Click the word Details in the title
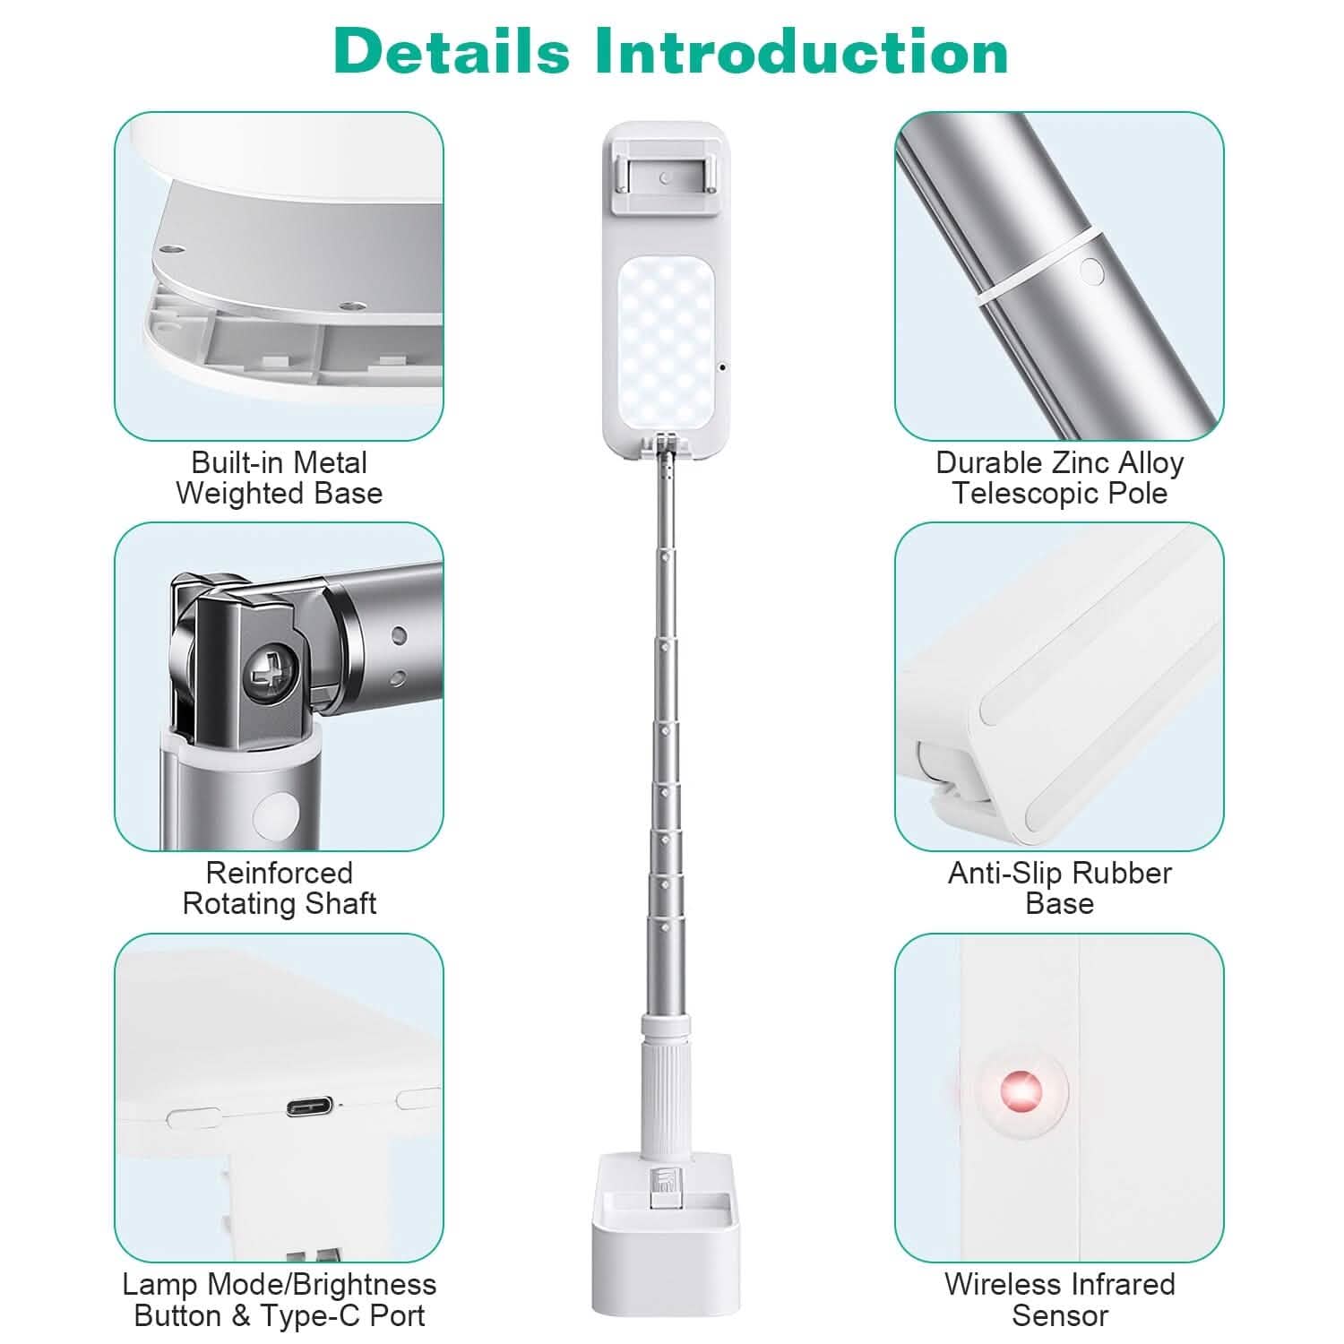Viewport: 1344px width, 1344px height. pyautogui.click(x=452, y=51)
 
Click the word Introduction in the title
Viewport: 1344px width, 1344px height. pyautogui.click(x=803, y=51)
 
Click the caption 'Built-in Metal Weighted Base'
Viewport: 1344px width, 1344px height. pyautogui.click(x=280, y=478)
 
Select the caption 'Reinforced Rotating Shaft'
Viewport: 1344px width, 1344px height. pyautogui.click(x=280, y=888)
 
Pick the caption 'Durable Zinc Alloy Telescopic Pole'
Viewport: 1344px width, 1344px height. pyautogui.click(x=1060, y=478)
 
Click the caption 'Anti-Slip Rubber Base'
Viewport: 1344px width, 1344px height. pyautogui.click(x=1060, y=888)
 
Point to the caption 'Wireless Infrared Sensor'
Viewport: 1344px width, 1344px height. pyautogui.click(x=1060, y=1299)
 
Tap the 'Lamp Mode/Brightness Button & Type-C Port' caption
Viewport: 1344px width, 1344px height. pyautogui.click(x=280, y=1299)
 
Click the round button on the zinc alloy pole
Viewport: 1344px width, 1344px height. pyautogui.click(x=1090, y=271)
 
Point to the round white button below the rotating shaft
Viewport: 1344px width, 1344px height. pyautogui.click(x=277, y=814)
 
